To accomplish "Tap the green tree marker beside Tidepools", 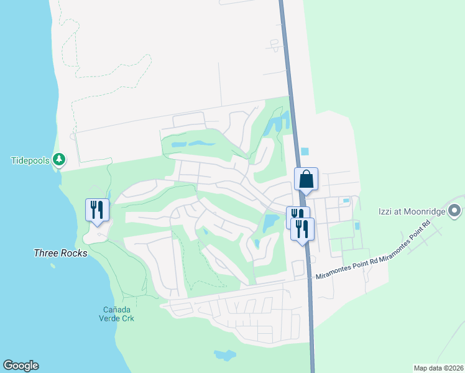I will point(59,160).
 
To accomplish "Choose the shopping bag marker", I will point(306,180).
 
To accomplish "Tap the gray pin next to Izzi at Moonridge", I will point(455,211).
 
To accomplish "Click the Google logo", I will point(21,366).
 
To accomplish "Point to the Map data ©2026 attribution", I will point(438,368).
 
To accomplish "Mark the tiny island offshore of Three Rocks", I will point(53,266).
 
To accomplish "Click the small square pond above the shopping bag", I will point(304,151).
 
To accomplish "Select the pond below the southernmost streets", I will point(224,355).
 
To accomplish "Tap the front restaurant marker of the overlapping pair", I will point(303,229).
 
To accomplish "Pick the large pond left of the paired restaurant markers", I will point(271,223).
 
